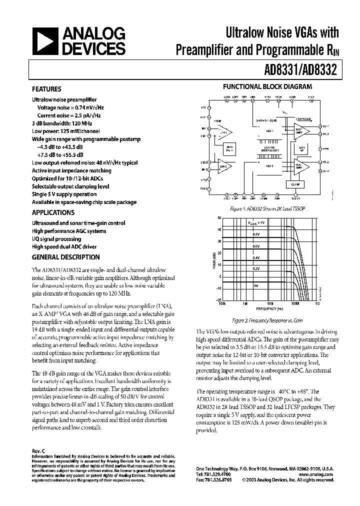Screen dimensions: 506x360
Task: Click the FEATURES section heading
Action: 46,89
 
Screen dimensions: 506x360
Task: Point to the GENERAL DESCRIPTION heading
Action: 65,257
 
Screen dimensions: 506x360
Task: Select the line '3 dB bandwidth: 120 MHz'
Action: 61,123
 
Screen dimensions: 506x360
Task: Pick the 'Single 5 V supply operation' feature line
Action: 64,194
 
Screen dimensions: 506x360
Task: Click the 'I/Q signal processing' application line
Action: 57,239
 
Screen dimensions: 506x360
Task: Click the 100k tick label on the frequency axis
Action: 220,303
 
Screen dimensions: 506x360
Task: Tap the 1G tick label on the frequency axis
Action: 317,303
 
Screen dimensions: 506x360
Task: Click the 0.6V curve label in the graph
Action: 255,246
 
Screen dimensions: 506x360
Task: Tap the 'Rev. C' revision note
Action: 39,450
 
